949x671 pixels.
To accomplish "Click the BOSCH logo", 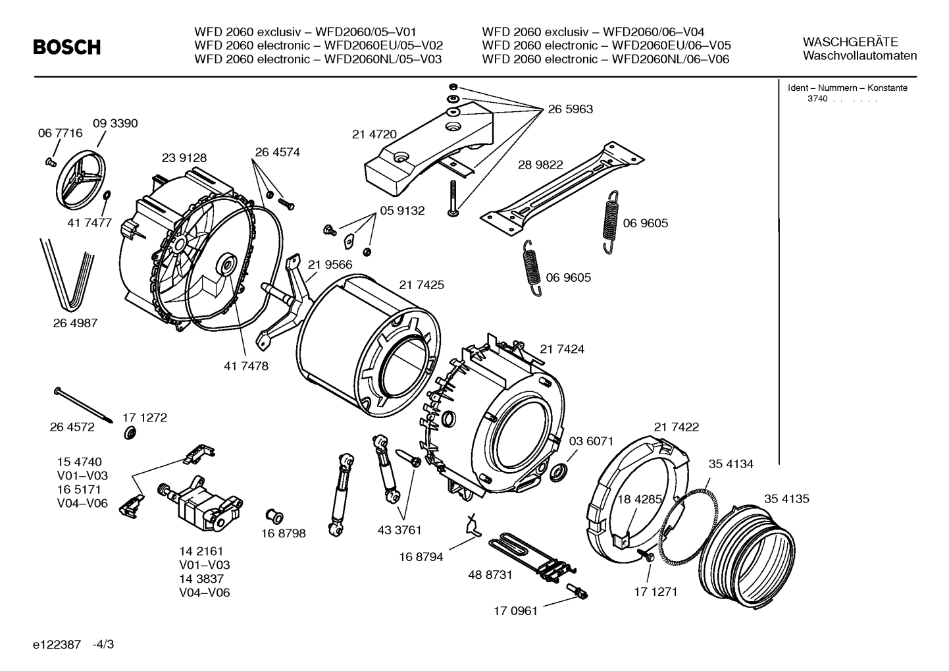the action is click(67, 47).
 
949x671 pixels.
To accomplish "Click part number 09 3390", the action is click(115, 123).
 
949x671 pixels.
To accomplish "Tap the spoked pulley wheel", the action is click(80, 180).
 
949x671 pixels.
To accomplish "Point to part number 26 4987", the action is click(75, 323).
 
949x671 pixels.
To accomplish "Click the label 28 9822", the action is click(540, 165).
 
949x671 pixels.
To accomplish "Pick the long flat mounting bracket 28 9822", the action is click(562, 189).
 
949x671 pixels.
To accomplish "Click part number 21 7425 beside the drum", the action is click(422, 285).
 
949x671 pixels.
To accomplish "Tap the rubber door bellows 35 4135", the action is click(746, 556).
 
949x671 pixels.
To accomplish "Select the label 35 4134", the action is click(731, 464).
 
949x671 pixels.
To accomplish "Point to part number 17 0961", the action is click(515, 611).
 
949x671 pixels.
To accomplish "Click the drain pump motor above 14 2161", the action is click(200, 504).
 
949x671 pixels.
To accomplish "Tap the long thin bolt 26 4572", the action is click(84, 405).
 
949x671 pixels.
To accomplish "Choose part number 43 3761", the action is click(399, 530).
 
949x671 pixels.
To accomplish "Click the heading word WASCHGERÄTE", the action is click(850, 42).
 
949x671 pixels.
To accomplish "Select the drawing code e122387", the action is click(57, 645).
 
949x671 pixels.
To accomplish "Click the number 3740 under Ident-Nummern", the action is click(817, 99).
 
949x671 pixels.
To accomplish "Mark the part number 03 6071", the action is click(591, 441).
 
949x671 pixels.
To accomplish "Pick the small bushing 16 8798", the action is click(274, 516).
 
